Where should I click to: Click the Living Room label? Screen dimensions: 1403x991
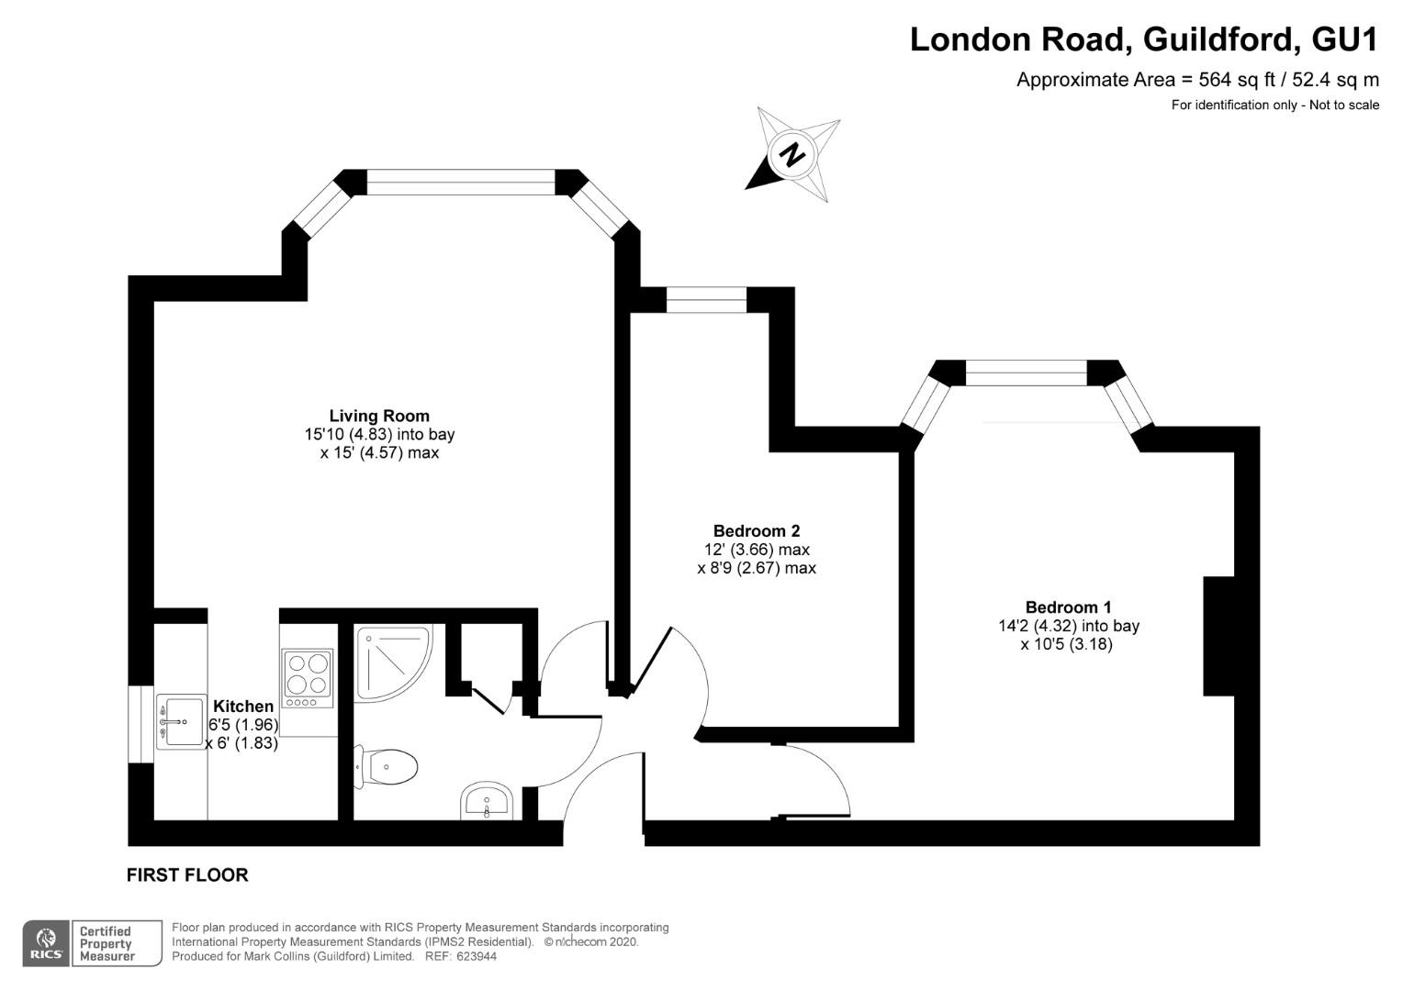tap(379, 416)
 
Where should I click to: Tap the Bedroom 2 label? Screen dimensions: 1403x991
tap(756, 531)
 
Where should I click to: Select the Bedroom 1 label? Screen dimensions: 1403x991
tap(1068, 607)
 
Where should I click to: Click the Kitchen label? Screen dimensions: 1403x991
tap(243, 707)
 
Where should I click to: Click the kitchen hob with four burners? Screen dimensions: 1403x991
tap(308, 679)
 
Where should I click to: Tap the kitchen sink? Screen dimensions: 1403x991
tap(180, 722)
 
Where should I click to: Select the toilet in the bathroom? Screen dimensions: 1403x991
tap(386, 767)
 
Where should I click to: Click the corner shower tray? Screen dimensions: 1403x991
tap(393, 663)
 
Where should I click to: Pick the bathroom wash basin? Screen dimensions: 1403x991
tap(487, 801)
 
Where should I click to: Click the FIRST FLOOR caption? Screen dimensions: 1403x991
tap(187, 875)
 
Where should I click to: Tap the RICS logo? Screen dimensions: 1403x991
tap(46, 943)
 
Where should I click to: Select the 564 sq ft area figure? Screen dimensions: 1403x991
tap(1226, 80)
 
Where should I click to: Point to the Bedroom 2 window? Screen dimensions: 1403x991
tap(706, 300)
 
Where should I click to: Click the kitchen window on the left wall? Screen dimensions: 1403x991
tap(140, 724)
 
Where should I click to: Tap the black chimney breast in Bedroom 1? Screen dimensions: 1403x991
tap(1218, 636)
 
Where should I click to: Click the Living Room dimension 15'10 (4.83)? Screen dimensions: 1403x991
tap(348, 434)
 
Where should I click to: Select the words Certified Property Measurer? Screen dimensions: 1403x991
tap(107, 943)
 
